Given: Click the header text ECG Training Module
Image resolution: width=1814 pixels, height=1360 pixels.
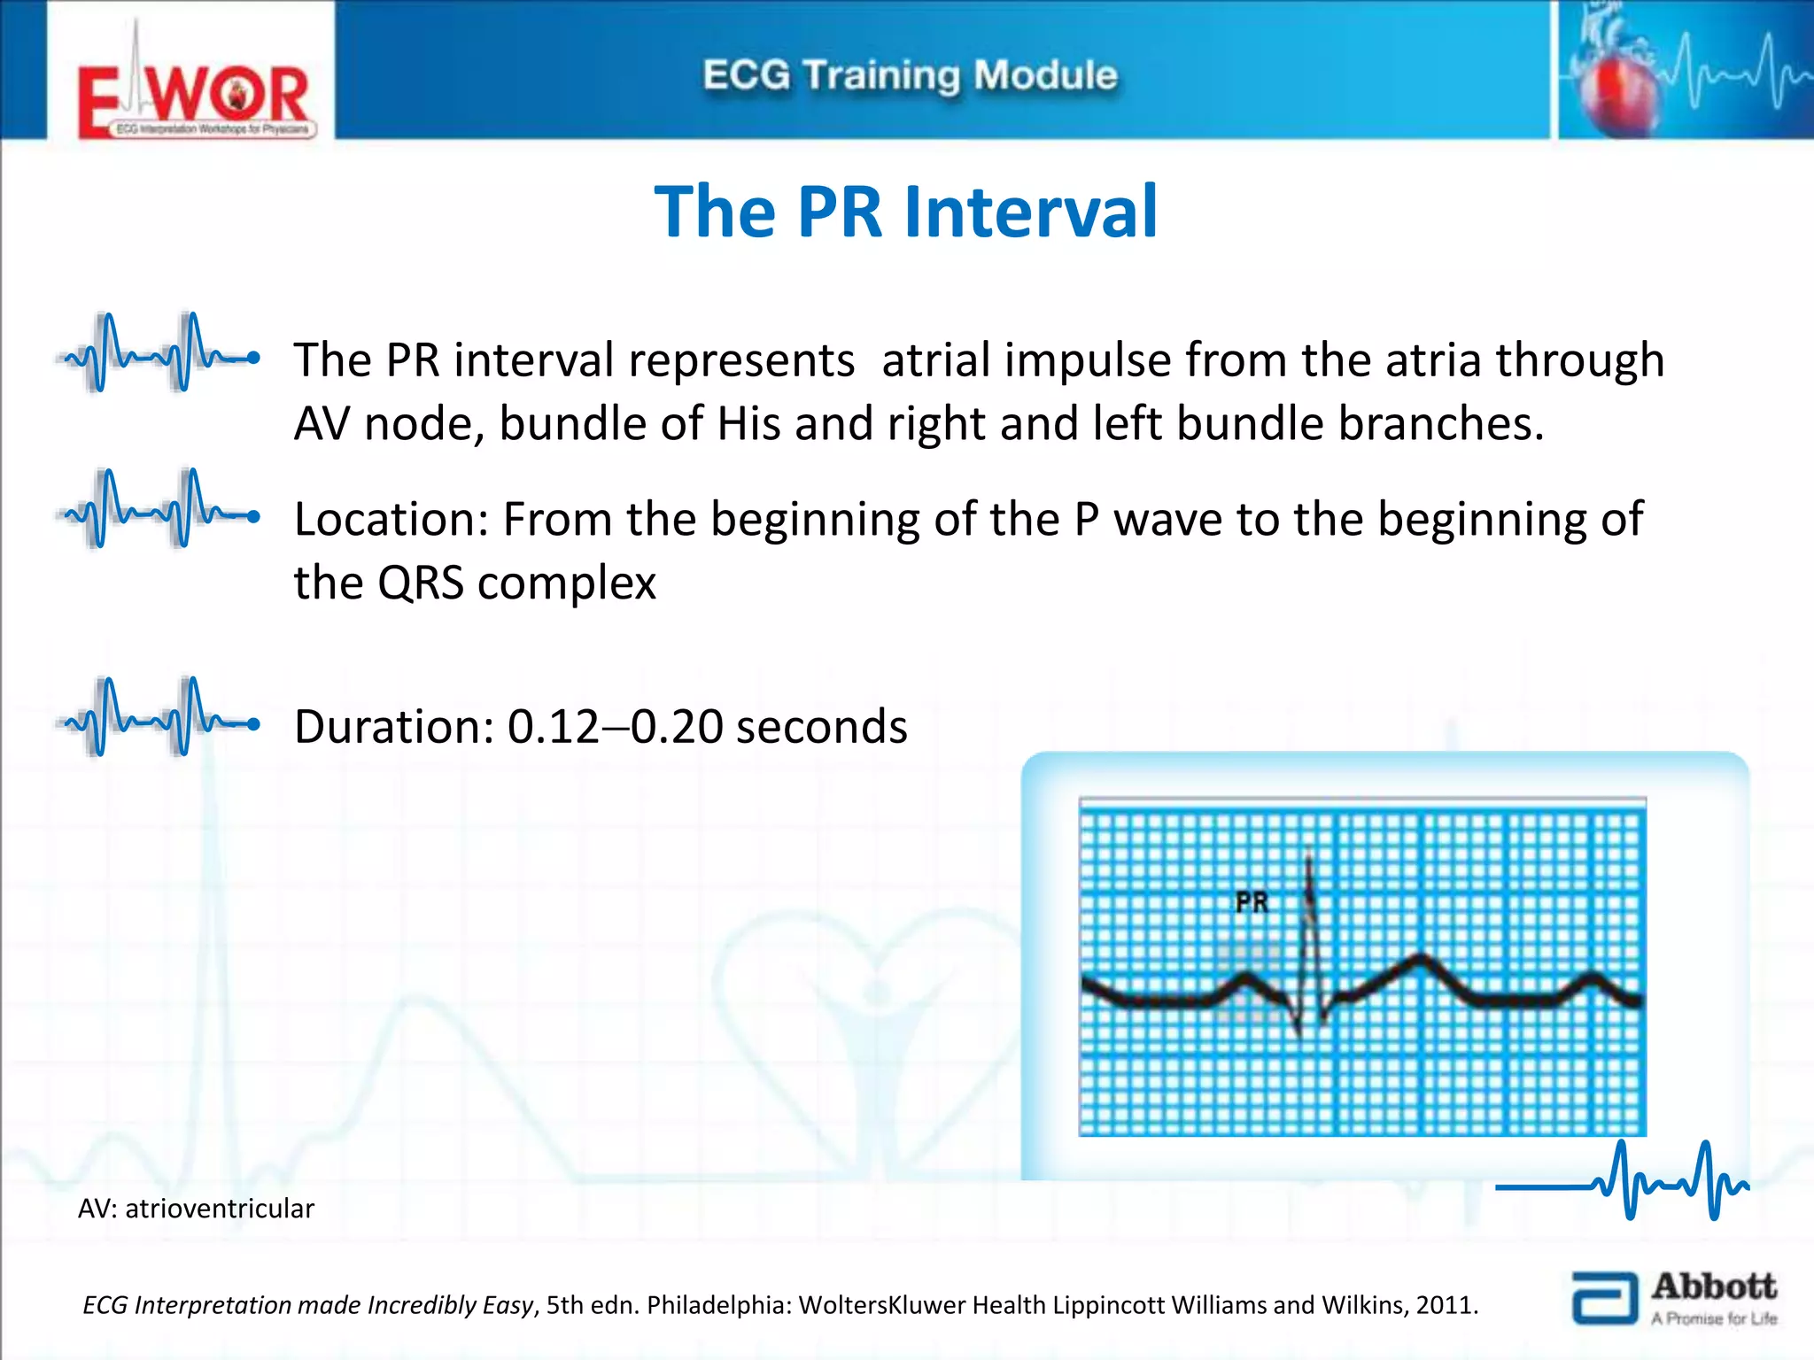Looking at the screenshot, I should pos(910,75).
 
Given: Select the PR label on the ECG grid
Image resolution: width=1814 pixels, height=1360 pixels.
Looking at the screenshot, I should pos(1252,902).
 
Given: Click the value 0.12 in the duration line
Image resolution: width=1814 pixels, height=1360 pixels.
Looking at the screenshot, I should pos(554,727).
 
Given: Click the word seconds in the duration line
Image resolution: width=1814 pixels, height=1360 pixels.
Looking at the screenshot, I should pos(821,727).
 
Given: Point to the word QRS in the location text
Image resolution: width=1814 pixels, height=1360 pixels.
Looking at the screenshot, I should pos(420,583).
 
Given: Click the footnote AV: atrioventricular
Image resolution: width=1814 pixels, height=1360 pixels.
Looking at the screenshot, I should pos(196,1209).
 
